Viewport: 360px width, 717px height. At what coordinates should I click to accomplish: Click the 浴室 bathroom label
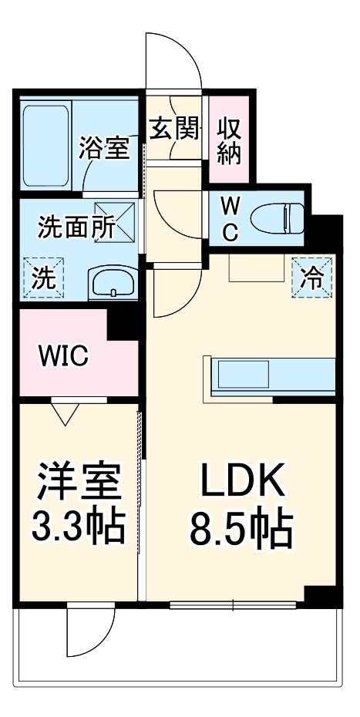104,148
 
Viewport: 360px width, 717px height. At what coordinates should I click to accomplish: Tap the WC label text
230,217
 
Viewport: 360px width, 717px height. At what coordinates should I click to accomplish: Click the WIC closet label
64,356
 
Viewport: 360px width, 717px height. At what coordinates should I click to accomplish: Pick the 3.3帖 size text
78,529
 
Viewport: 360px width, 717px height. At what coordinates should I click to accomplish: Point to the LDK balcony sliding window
236,604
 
